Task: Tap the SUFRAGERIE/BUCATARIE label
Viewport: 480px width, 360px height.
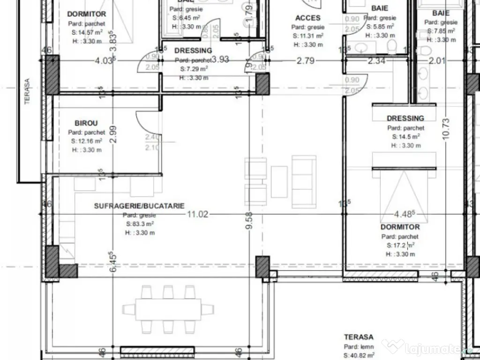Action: pos(139,206)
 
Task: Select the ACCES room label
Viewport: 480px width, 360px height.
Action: pos(308,18)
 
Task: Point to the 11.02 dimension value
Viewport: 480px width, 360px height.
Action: pos(197,214)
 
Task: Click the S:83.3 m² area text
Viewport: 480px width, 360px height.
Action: pos(140,224)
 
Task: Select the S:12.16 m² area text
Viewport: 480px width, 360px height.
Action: pos(87,141)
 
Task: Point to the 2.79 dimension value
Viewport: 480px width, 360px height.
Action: pos(305,60)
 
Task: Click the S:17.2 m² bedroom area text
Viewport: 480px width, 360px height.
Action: pos(399,245)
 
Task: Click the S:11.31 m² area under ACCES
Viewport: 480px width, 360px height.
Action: pos(307,36)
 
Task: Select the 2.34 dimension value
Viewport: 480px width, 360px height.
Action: pos(376,60)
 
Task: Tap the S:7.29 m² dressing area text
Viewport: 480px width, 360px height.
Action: pos(194,68)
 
